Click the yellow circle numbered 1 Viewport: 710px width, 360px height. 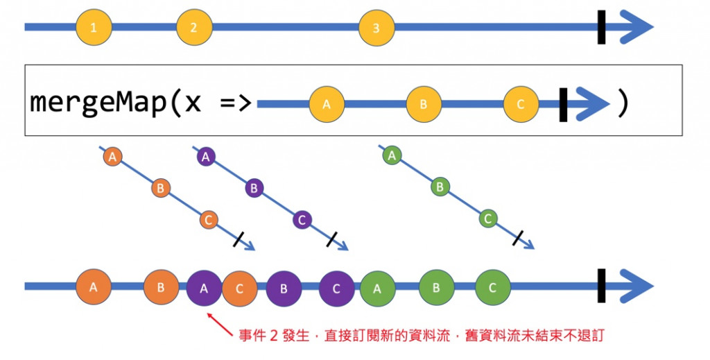click(x=93, y=28)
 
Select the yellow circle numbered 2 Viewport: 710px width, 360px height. click(x=193, y=28)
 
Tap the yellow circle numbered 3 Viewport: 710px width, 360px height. click(x=376, y=28)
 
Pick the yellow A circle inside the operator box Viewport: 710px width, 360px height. click(x=327, y=104)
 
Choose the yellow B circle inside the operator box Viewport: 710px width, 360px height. click(x=424, y=104)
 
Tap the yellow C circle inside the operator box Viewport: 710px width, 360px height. click(x=521, y=104)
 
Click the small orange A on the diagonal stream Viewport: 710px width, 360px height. click(x=112, y=157)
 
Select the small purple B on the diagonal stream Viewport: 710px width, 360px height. click(x=254, y=187)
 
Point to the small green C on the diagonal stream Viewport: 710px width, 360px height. click(x=487, y=218)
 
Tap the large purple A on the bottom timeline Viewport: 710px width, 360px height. click(x=204, y=287)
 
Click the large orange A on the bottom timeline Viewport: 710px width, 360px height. click(x=94, y=287)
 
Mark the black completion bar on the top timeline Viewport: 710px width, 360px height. click(x=602, y=28)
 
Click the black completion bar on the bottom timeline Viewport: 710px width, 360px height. click(x=602, y=286)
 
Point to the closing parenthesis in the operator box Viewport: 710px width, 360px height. click(x=622, y=103)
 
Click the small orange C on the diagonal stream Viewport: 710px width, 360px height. click(x=208, y=219)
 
